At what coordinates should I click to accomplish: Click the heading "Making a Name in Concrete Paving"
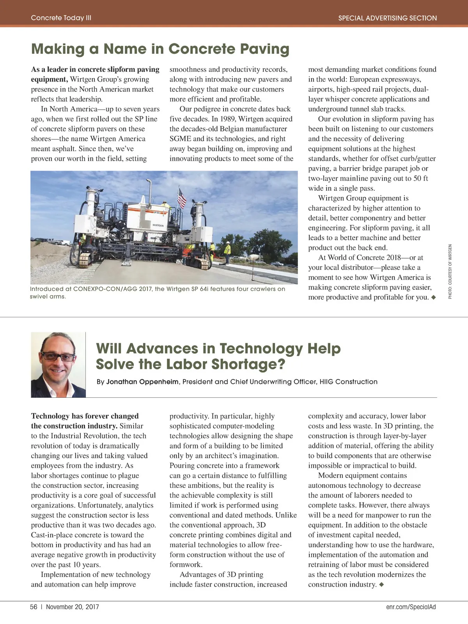[160, 49]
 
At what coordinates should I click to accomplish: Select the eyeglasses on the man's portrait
[57, 356]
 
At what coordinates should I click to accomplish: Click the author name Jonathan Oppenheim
[142, 382]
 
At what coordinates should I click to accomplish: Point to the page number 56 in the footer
[34, 607]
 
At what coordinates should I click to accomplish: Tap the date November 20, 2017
[72, 607]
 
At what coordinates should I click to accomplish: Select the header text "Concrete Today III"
[61, 18]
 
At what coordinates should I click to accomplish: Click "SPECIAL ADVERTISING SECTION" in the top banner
[387, 18]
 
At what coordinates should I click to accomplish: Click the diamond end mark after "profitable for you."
[433, 298]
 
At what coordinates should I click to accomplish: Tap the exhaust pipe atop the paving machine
[148, 187]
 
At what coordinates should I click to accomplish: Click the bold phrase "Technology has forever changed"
[85, 416]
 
